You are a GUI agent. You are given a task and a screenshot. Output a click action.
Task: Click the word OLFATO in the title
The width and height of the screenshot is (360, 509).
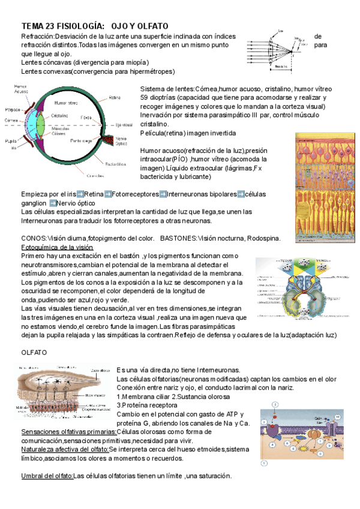click(x=152, y=26)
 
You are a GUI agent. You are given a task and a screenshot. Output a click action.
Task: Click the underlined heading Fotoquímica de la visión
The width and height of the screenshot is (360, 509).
click(x=57, y=247)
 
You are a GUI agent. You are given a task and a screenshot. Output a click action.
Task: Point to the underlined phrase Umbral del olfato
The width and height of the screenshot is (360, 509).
click(x=47, y=476)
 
